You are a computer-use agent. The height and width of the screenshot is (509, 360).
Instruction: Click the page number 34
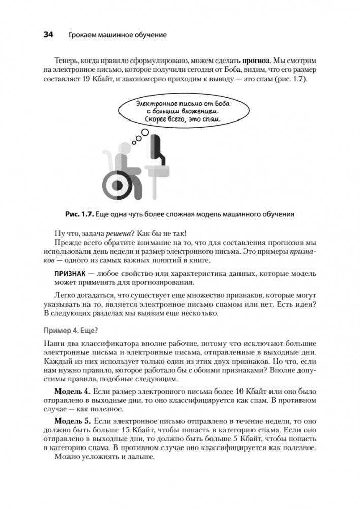pyautogui.click(x=49, y=35)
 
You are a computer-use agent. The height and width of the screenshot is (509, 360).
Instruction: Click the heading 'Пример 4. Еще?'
pyautogui.click(x=72, y=328)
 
